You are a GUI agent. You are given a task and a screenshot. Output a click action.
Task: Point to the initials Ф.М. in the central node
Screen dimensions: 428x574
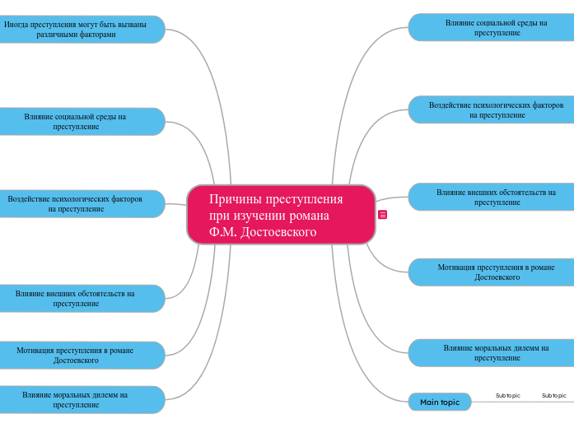(223, 232)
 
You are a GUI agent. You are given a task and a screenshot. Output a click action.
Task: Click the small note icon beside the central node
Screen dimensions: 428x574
(383, 215)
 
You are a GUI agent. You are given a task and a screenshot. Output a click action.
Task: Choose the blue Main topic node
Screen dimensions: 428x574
(440, 402)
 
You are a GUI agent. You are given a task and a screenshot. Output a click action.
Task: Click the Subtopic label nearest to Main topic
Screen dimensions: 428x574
(507, 396)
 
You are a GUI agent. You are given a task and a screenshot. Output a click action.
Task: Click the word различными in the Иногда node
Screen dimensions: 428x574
(56, 35)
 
